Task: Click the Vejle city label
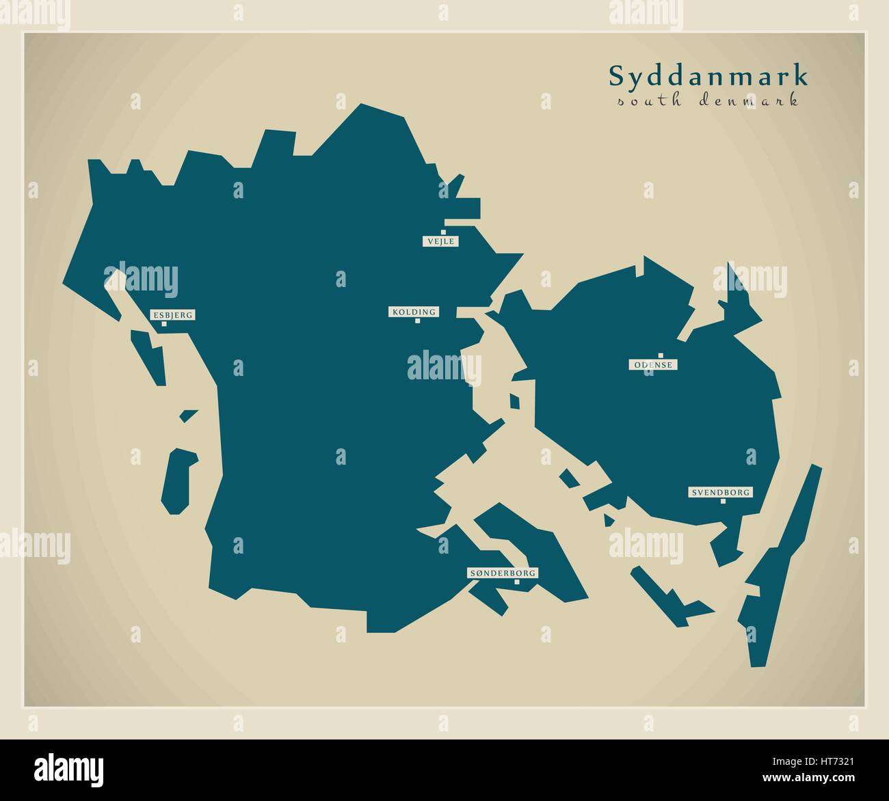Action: click(x=440, y=241)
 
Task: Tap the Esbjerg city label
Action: click(x=172, y=315)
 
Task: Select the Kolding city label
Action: click(x=413, y=312)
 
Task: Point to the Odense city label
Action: click(x=653, y=365)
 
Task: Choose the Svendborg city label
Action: click(x=721, y=492)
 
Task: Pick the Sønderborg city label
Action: click(x=503, y=573)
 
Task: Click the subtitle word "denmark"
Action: click(x=749, y=101)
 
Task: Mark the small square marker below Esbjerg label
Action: click(x=164, y=324)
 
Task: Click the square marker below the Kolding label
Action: click(x=417, y=321)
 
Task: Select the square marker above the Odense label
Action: click(x=661, y=355)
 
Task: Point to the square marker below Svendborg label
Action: click(x=723, y=501)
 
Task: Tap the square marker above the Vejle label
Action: click(x=443, y=232)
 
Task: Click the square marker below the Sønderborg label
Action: click(x=517, y=582)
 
